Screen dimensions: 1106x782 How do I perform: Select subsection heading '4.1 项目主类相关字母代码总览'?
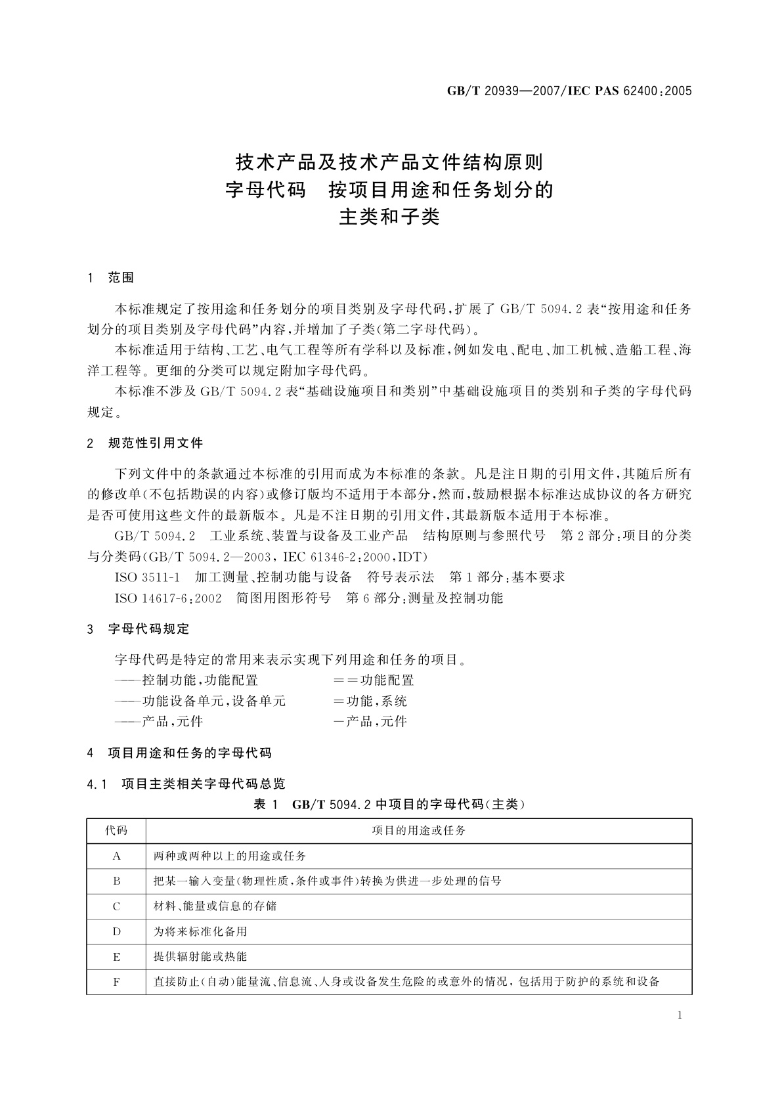pyautogui.click(x=186, y=784)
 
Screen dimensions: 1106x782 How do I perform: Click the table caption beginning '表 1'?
pyautogui.click(x=389, y=804)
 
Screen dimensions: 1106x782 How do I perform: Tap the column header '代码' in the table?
pyautogui.click(x=116, y=831)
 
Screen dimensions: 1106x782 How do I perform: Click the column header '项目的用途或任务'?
pyautogui.click(x=419, y=831)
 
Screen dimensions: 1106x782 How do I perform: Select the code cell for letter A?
pyautogui.click(x=116, y=856)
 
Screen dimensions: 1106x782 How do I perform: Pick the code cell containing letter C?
pyautogui.click(x=116, y=906)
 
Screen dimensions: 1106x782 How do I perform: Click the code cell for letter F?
pyautogui.click(x=116, y=982)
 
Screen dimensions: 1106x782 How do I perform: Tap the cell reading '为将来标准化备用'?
pyautogui.click(x=200, y=931)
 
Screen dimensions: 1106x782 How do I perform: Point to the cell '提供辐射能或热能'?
pyautogui.click(x=200, y=957)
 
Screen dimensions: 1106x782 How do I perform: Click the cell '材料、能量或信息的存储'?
pyautogui.click(x=215, y=906)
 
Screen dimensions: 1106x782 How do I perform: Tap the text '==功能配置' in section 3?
pyautogui.click(x=374, y=680)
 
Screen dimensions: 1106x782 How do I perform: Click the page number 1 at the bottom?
pyautogui.click(x=680, y=1015)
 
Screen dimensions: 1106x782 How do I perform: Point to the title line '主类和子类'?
pyautogui.click(x=389, y=217)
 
